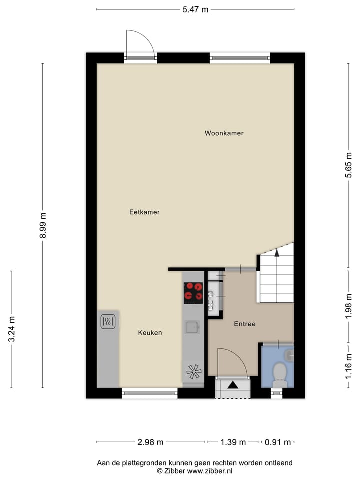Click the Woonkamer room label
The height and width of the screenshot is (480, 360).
coord(224,133)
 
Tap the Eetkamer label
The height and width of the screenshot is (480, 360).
coord(144,212)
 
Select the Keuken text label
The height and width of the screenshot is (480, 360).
coord(150,333)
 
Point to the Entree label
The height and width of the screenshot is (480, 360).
coord(245,324)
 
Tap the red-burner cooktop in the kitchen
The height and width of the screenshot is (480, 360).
coord(193,293)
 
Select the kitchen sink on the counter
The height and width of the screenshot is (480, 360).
coord(192,327)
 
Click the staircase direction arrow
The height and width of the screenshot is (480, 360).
coord(277,251)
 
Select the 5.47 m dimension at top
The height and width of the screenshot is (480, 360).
coord(195,9)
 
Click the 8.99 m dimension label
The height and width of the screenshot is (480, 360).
coord(43,225)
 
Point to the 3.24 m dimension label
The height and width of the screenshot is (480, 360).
coord(11,329)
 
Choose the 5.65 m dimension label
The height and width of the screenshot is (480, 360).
coord(349,165)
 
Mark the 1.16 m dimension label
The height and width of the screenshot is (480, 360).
coord(349,366)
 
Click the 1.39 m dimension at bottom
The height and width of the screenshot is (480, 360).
coord(233,442)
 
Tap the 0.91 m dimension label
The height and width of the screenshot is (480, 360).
coord(278,442)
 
